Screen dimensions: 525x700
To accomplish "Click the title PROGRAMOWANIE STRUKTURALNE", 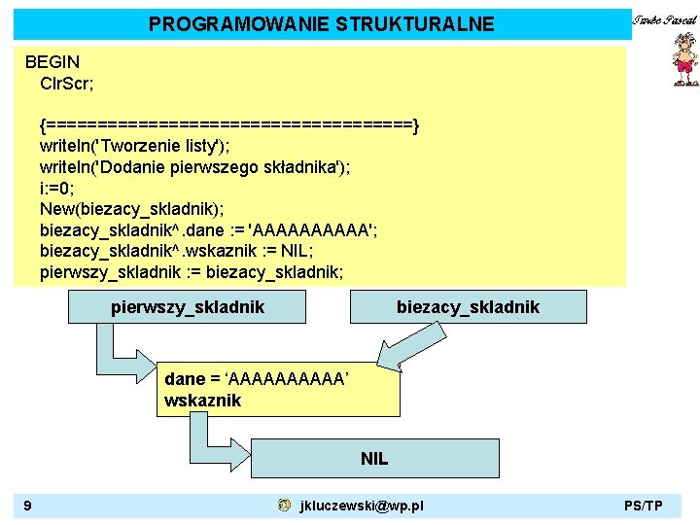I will (321, 24).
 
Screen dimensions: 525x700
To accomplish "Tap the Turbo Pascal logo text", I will (665, 20).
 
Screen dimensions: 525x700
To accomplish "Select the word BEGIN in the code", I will (52, 62).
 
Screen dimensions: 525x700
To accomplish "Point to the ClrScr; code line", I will (67, 83).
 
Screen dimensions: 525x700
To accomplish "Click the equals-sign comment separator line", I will (229, 125).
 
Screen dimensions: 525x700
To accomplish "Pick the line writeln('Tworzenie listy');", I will (135, 146).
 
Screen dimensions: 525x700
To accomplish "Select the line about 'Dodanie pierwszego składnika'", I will (195, 167).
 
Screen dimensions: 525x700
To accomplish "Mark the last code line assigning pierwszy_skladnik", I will (192, 272).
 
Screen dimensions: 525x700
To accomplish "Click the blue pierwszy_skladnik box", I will (187, 307).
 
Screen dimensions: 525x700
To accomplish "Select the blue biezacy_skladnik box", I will (468, 307).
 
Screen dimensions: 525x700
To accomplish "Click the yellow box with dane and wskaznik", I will (278, 390).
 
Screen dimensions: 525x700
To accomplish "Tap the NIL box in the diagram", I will (374, 458).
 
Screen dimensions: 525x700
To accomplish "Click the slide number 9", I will (28, 505).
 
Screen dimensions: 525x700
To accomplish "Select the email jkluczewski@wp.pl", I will (362, 506).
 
